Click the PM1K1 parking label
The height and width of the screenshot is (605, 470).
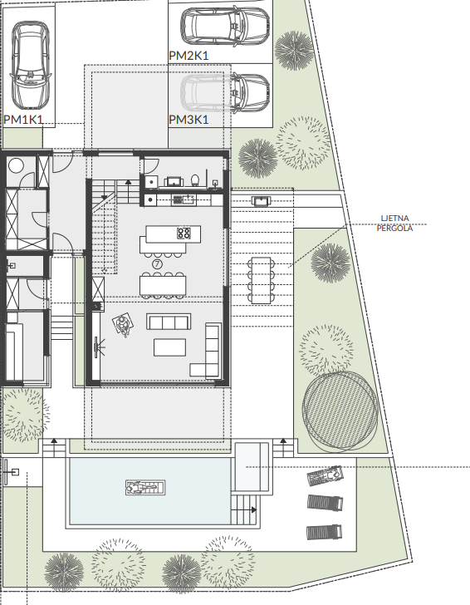tap(23, 120)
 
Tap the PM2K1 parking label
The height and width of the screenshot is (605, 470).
tap(188, 55)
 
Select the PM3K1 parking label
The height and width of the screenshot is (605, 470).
tap(188, 120)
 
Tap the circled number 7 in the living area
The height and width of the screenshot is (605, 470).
tap(157, 263)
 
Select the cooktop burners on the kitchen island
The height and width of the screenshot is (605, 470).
tap(184, 233)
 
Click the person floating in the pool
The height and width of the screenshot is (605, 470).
tap(146, 487)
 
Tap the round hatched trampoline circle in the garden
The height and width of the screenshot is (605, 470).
tap(340, 408)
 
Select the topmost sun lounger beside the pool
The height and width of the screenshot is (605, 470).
tap(325, 476)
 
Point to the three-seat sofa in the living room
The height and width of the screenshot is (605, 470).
tap(169, 321)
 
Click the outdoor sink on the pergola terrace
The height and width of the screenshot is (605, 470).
tap(260, 200)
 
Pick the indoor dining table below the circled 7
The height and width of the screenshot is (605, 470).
tap(163, 285)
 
